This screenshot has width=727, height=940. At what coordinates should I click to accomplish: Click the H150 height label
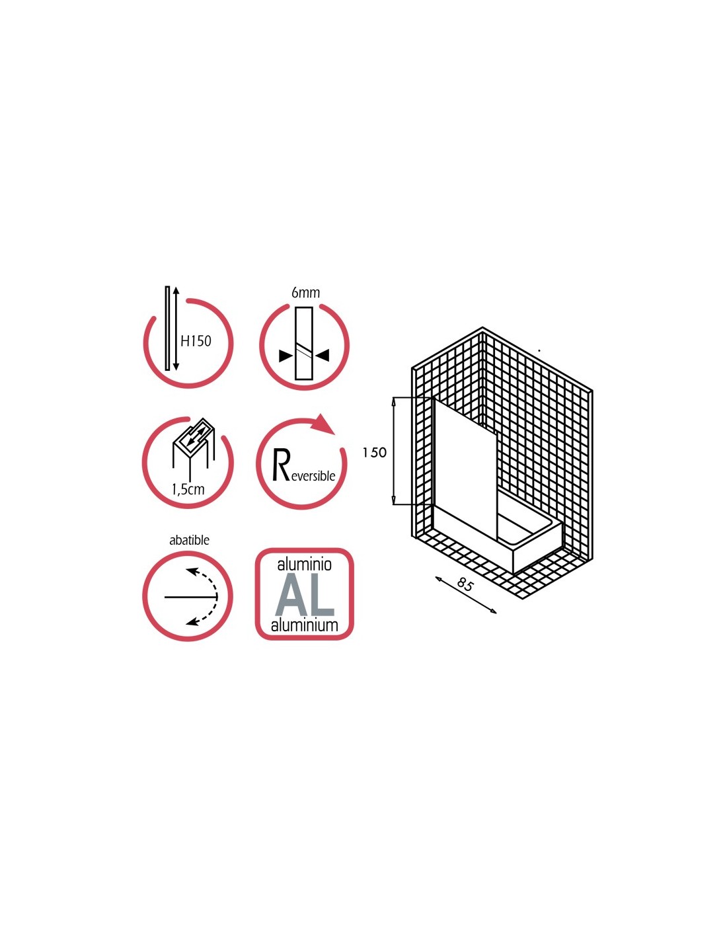196,341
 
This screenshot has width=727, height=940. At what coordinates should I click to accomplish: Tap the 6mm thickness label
305,293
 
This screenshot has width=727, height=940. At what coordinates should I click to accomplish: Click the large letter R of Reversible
281,466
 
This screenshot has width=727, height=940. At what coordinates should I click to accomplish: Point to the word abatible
189,540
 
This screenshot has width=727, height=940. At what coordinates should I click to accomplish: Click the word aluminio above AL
305,564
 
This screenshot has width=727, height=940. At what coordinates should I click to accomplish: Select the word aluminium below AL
305,625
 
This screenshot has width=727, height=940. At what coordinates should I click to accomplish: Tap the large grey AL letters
305,596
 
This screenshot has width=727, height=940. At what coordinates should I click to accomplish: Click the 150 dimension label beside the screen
375,452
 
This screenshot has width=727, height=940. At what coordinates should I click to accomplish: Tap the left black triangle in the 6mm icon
286,356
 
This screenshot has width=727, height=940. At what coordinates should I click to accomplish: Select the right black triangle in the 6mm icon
323,356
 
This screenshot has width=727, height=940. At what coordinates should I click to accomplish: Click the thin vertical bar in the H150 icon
167,328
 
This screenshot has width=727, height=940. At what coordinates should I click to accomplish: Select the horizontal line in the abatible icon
190,597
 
